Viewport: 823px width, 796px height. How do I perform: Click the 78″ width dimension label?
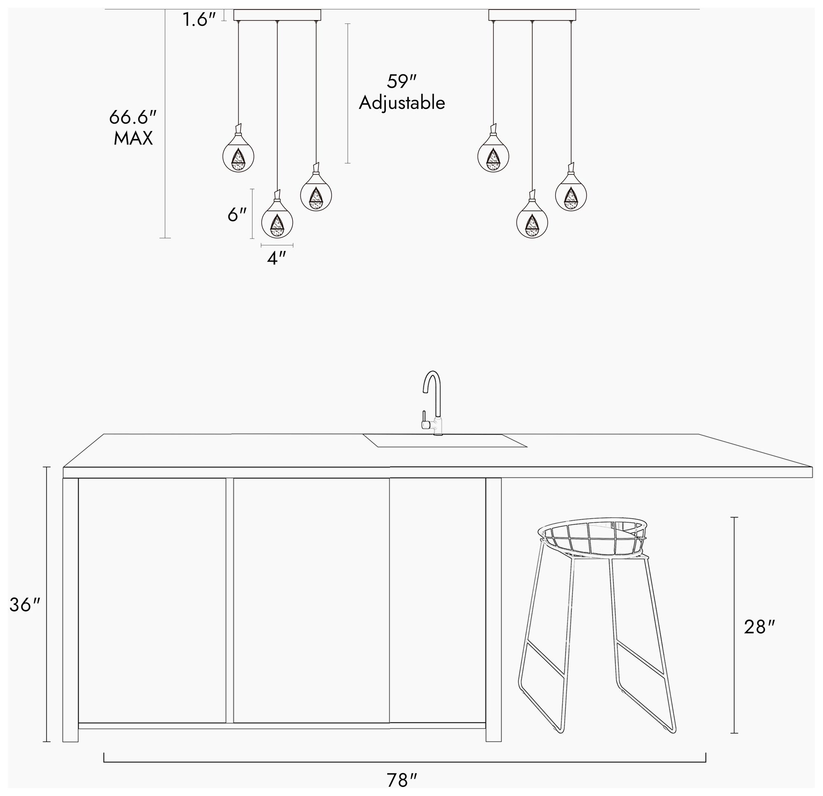pos(402,780)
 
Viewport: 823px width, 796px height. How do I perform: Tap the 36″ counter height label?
pos(25,605)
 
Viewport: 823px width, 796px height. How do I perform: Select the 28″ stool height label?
pos(759,628)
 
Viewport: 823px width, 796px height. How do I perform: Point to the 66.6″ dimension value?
pos(133,117)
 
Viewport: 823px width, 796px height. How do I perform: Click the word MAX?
pos(133,139)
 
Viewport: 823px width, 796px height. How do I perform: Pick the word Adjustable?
pos(402,103)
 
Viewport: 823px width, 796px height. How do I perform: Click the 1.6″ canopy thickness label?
pos(199,20)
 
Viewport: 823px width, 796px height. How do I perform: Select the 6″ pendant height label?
pos(237,215)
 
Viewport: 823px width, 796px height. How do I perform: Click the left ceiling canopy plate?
pos(277,15)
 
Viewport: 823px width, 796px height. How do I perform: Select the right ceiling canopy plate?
pos(532,15)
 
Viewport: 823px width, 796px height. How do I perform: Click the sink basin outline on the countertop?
pos(445,441)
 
